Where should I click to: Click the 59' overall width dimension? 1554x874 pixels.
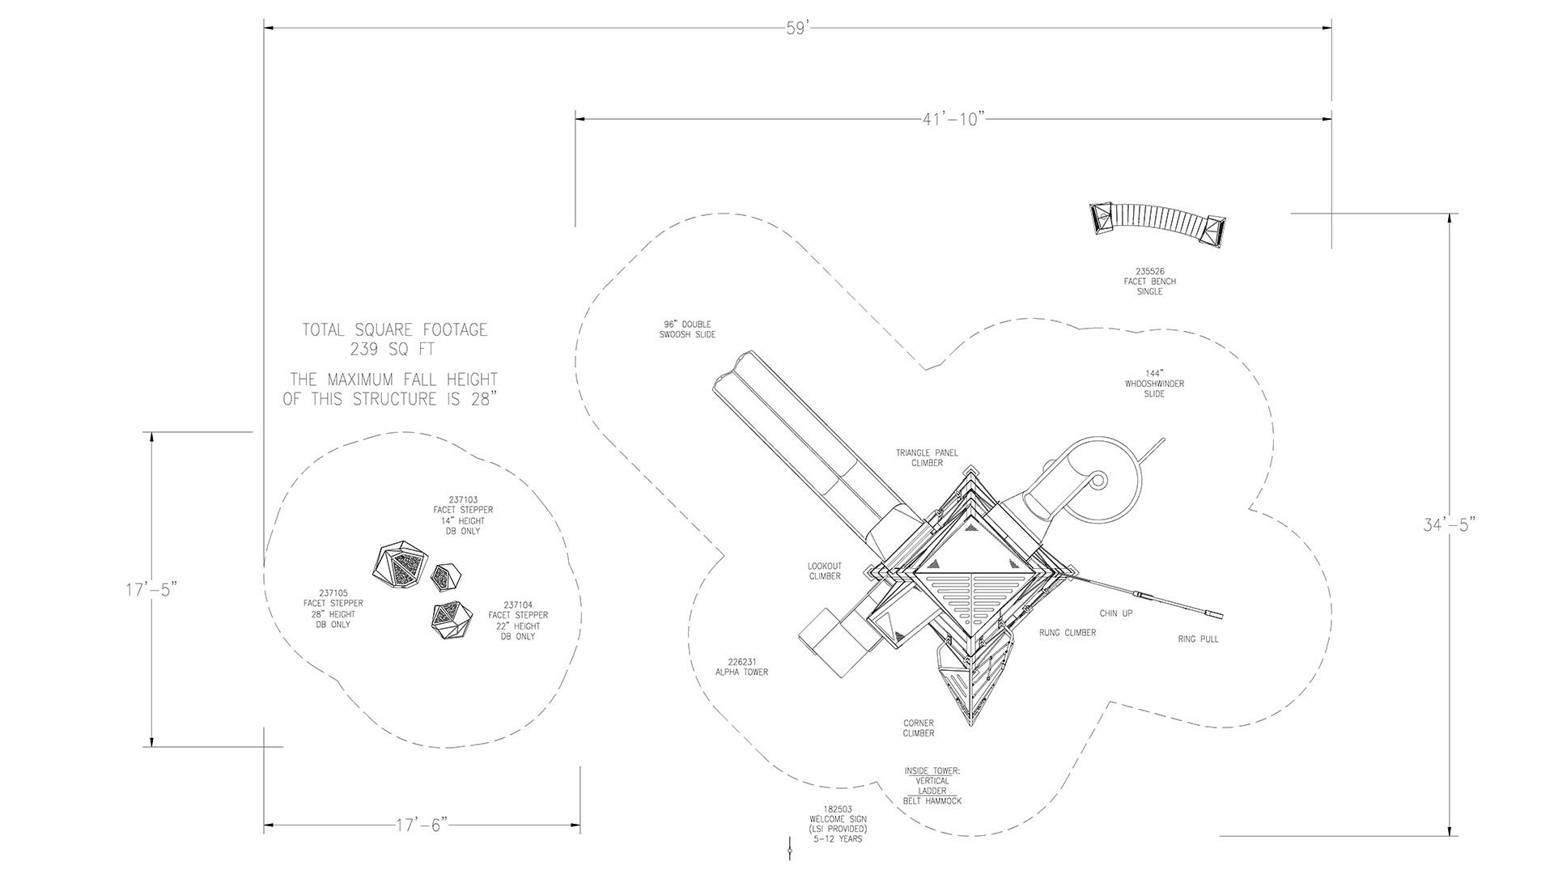797,28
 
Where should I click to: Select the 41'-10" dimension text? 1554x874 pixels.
953,119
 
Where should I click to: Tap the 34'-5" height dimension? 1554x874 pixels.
1450,524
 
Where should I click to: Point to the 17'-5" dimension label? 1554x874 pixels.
151,589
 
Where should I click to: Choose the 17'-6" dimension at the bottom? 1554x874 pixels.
422,825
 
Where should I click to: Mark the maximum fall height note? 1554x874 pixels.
390,389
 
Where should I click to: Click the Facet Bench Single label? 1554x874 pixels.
1149,282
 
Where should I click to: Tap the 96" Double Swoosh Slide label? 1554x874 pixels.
687,329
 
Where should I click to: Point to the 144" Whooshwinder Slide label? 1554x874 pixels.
1154,384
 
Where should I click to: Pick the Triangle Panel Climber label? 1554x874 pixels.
927,458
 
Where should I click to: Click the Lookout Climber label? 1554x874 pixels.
825,571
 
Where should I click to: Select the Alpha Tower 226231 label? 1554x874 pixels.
741,667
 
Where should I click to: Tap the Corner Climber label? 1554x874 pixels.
919,728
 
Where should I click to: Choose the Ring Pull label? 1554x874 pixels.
1198,639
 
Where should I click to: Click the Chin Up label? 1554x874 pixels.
1116,613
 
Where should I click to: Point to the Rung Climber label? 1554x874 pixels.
1068,633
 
